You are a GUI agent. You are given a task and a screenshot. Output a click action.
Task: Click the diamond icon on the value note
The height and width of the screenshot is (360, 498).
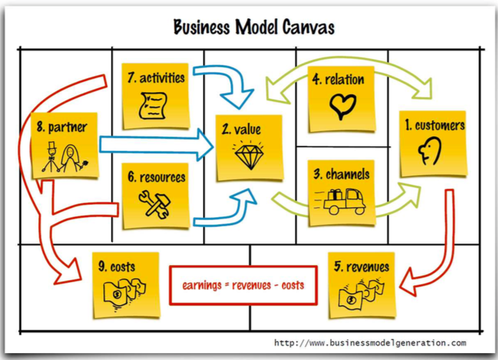249,156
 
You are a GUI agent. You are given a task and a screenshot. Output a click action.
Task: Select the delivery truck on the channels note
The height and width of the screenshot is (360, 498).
340,201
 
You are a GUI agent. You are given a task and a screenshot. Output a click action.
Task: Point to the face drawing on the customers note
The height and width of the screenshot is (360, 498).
430,151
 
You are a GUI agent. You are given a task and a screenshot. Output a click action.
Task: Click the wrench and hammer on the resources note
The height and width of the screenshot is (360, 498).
155,204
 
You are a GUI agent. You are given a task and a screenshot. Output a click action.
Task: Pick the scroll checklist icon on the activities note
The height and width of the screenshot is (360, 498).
153,106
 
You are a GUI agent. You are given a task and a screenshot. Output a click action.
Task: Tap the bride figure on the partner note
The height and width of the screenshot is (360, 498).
73,159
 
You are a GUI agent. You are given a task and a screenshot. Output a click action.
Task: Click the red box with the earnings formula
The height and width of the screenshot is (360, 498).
243,285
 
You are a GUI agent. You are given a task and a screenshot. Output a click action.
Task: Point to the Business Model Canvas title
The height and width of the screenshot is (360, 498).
254,27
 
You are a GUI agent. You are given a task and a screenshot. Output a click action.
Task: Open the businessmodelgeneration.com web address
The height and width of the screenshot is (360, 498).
370,343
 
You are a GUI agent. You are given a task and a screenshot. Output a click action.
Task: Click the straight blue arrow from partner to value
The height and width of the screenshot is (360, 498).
156,145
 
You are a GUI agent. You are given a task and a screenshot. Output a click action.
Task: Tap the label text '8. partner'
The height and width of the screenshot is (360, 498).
62,127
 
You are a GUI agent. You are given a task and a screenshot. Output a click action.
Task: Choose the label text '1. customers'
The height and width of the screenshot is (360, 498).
435,126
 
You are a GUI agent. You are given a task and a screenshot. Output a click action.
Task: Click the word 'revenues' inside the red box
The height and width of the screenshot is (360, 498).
252,285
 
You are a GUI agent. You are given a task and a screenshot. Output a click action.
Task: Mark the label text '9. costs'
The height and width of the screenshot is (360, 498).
116,267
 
